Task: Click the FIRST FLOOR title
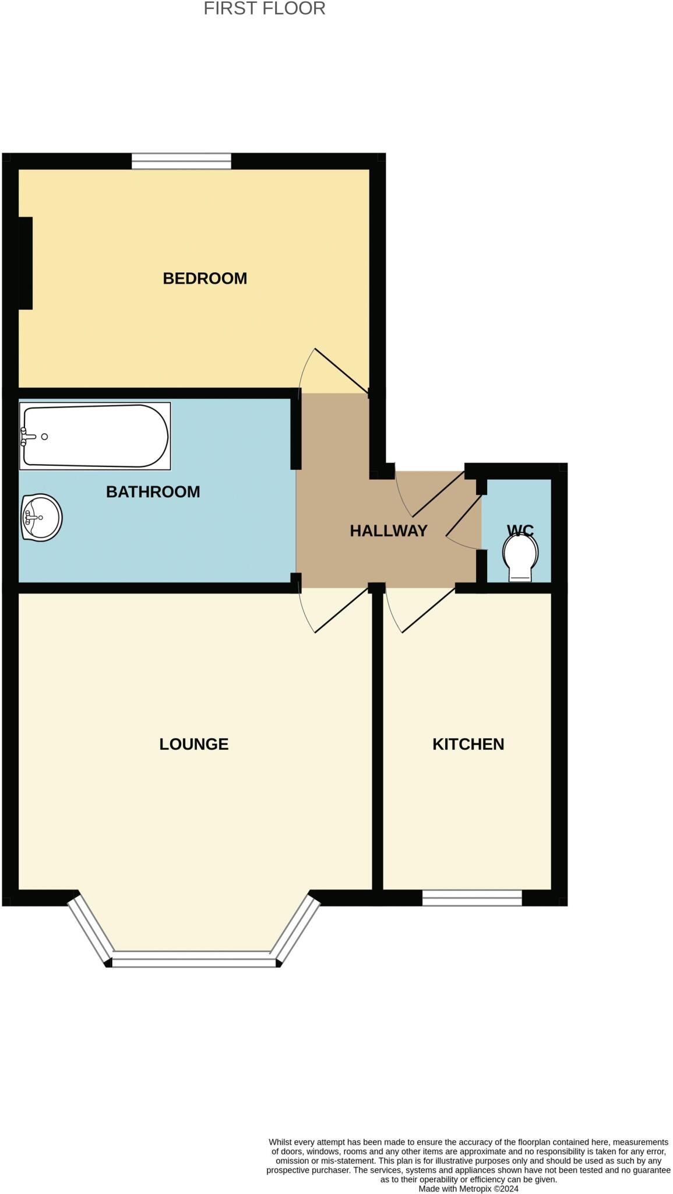pos(264,9)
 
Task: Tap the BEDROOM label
pos(205,278)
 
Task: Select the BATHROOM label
pos(153,491)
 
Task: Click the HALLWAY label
pos(388,531)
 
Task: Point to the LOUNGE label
pos(193,744)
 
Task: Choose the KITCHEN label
pos(468,744)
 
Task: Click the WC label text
pos(520,530)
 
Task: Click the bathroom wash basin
pos(41,517)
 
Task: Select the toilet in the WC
pos(520,557)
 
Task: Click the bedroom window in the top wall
pos(181,161)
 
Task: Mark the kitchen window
pos(472,898)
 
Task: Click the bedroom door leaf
pos(341,370)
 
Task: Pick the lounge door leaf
pos(341,610)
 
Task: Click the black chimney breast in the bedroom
pos(26,263)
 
